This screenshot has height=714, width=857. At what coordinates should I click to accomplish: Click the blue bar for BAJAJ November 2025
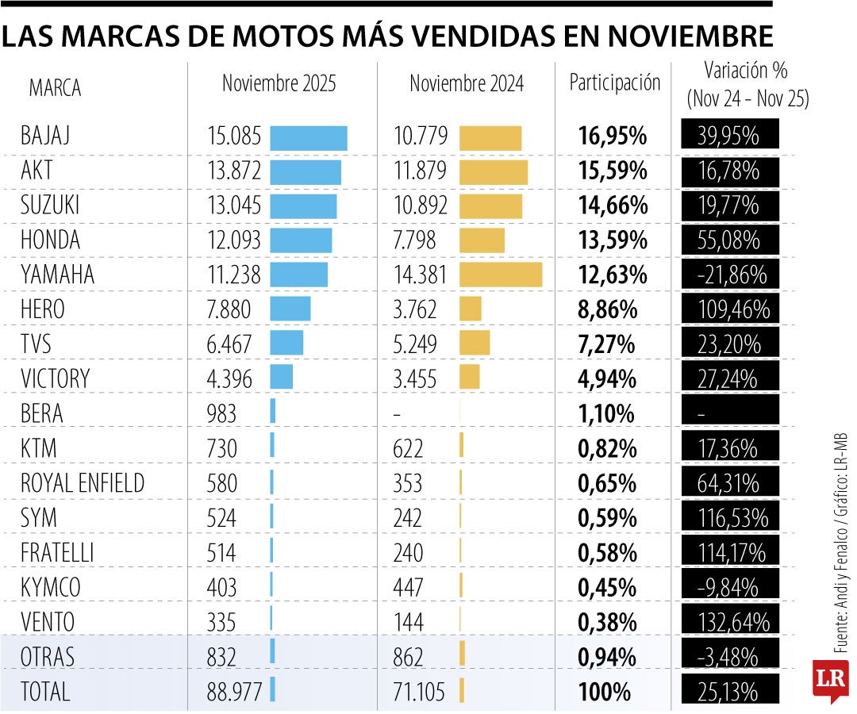click(308, 138)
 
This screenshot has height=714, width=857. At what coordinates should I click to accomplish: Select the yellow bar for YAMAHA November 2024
click(500, 274)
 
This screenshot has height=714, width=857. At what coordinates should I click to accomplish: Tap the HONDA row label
click(50, 240)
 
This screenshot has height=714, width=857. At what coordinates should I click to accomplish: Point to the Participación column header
click(615, 83)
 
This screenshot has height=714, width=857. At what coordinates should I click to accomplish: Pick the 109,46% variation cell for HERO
click(729, 309)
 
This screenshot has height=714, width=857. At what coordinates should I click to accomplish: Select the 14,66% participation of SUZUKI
click(613, 205)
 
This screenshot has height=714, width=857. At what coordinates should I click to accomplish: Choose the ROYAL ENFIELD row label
click(83, 483)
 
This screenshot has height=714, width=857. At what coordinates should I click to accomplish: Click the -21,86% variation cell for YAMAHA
click(729, 275)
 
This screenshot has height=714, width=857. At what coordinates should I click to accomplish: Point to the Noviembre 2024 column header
click(467, 83)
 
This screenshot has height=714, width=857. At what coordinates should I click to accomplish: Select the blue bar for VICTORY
click(281, 378)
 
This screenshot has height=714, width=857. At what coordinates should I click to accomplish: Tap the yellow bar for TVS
click(474, 344)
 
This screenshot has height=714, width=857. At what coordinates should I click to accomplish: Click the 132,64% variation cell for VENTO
click(729, 622)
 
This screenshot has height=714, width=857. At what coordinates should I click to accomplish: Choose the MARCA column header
click(55, 88)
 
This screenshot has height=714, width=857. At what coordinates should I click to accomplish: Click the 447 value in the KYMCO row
click(409, 588)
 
